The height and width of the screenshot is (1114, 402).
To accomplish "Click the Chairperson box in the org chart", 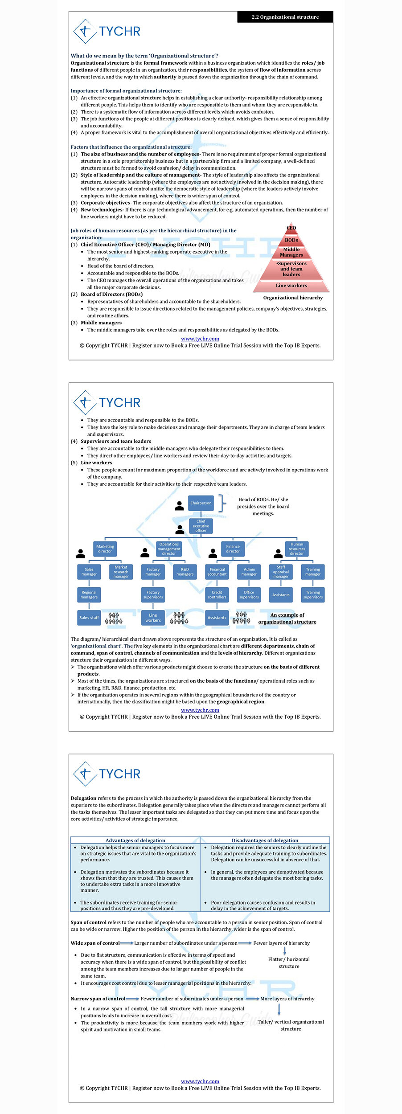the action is click(201, 503).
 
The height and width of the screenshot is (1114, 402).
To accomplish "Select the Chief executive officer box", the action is click(201, 526).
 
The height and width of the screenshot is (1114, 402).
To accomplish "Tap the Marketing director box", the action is click(105, 549).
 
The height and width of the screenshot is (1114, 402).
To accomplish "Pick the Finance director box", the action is click(233, 549).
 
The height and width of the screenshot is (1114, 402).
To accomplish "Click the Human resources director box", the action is click(297, 549).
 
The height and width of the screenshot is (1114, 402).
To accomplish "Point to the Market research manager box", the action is click(121, 572).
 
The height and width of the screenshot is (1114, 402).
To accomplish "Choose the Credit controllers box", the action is click(217, 595).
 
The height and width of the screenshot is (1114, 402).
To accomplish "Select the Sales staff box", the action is click(89, 618).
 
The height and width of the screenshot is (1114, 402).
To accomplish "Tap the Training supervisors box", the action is click(313, 595).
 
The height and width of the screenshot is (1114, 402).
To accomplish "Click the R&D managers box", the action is click(185, 572).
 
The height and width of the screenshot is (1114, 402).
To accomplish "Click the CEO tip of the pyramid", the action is click(291, 228).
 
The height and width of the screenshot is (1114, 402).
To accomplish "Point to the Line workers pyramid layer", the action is click(291, 286).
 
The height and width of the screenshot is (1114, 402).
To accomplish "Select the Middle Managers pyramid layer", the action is click(291, 252).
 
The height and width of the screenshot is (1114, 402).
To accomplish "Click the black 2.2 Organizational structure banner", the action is click(285, 17).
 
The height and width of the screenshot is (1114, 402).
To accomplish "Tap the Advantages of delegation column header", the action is click(135, 840).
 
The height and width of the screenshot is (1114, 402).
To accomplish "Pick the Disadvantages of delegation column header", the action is click(265, 840).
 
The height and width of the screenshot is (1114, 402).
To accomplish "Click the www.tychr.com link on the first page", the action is click(200, 339).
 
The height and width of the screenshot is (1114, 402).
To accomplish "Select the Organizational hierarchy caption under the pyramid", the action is click(293, 298).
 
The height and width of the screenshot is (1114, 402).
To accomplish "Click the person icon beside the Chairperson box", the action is click(180, 506).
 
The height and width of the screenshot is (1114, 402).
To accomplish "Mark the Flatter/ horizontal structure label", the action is click(289, 962).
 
